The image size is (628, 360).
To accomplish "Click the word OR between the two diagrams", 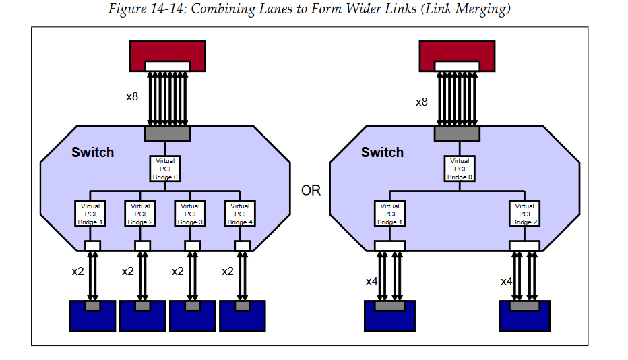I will (x=311, y=191).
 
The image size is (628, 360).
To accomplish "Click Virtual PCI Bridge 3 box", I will (x=190, y=214).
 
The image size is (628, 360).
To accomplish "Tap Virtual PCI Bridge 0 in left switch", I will (x=165, y=169).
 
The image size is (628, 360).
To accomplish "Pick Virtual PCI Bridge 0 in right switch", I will (x=460, y=169).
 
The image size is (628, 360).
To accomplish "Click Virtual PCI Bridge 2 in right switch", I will (x=524, y=214).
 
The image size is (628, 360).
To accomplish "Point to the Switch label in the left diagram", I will (x=92, y=152).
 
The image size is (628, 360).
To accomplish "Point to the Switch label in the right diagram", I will (x=382, y=152).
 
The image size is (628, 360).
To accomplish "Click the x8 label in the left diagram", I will (x=132, y=96).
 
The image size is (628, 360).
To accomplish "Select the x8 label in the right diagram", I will (x=421, y=102).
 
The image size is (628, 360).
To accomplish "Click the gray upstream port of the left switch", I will (x=167, y=134).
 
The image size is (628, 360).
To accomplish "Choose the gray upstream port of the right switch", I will (x=457, y=134).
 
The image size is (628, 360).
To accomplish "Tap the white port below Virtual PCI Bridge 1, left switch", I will (x=92, y=246).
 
